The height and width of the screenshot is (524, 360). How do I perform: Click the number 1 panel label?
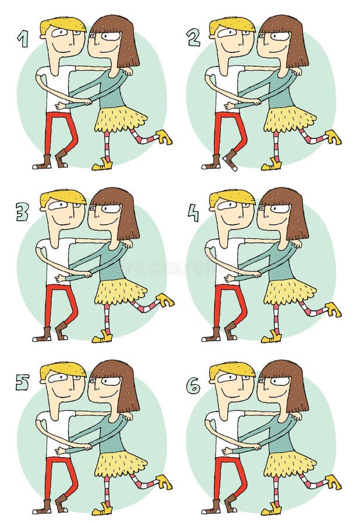pos(23,38)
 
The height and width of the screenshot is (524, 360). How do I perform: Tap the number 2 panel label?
pos(193,38)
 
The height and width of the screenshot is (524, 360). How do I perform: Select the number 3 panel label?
pos(22,211)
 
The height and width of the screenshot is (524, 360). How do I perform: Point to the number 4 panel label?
pos(193,212)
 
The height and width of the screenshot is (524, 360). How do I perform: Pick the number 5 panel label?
pos(22,383)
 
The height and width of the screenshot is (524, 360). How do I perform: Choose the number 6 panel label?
pos(193,385)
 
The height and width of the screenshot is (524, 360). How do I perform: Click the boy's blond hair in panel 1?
pos(62,24)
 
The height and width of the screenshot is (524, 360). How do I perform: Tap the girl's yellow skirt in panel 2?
pos(289,119)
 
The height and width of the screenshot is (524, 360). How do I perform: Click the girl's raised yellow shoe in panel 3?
pos(165,300)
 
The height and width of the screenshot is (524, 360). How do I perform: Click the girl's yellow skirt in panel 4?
pos(289,291)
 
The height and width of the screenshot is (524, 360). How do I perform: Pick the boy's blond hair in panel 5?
pos(62,368)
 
